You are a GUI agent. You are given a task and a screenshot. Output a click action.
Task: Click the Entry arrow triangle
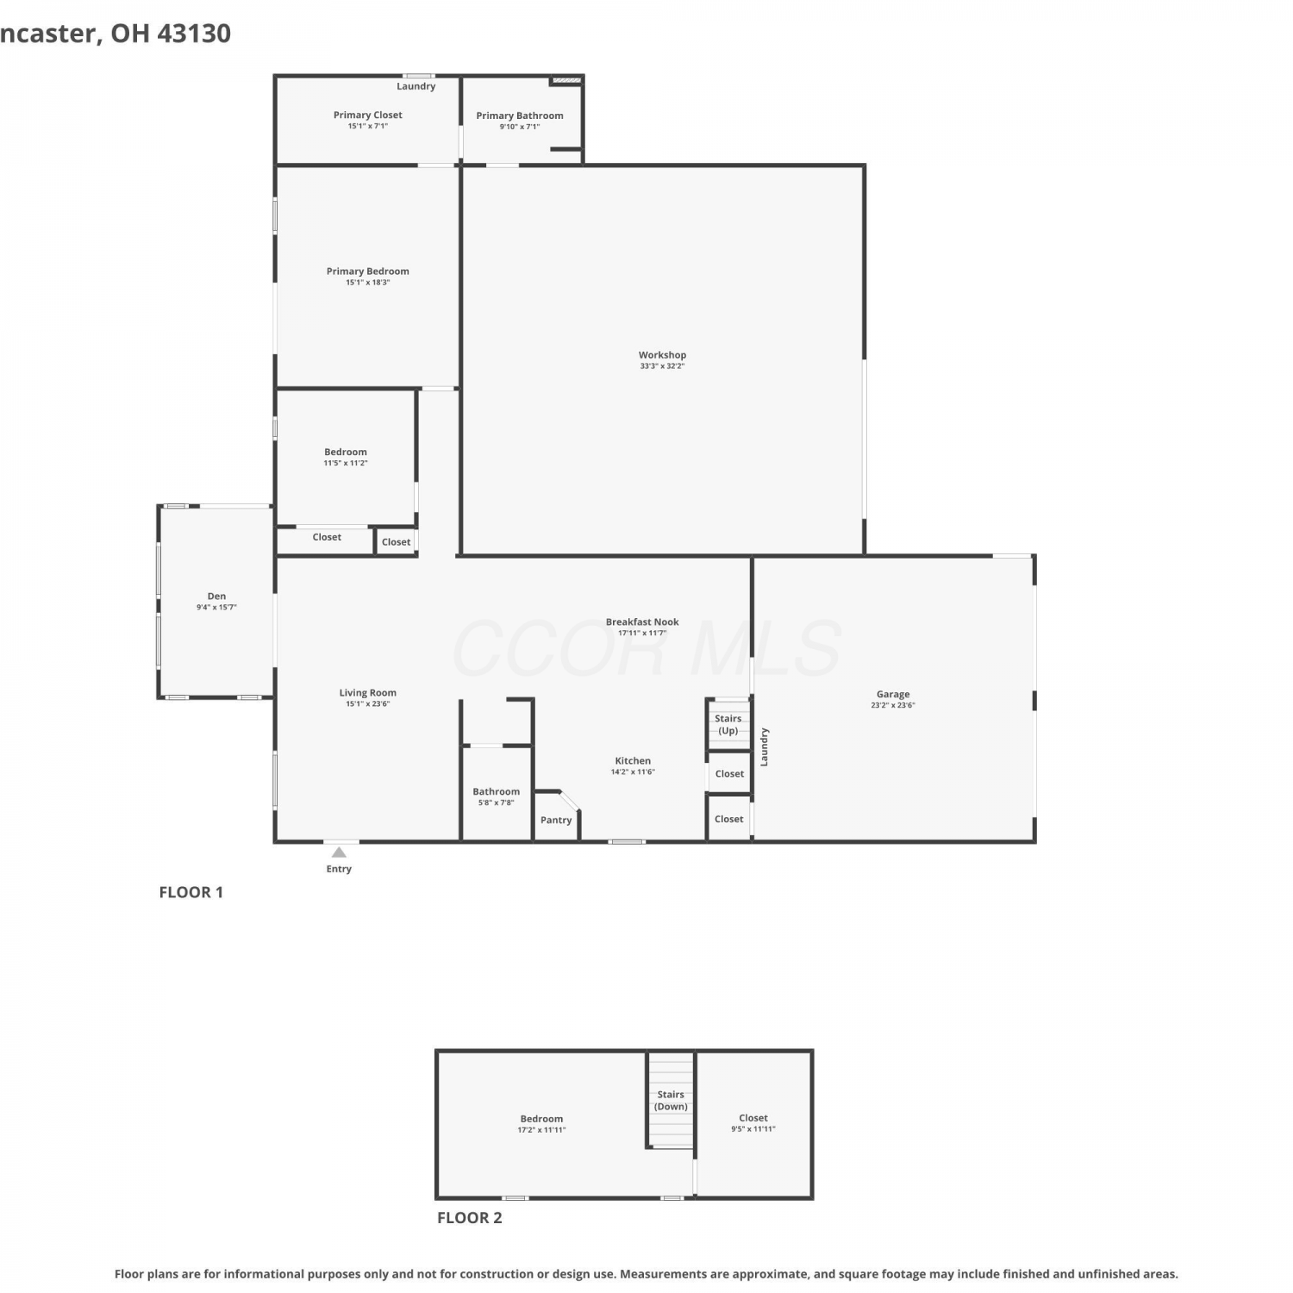[x=340, y=853]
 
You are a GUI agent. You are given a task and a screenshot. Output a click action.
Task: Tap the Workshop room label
[x=662, y=355]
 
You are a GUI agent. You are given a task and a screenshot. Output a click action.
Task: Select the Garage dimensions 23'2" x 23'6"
[x=893, y=705]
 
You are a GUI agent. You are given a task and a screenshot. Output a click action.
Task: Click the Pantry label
[x=556, y=820]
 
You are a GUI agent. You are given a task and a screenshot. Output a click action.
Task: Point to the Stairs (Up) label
[x=728, y=724]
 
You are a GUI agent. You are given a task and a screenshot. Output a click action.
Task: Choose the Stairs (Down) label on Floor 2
[x=671, y=1101]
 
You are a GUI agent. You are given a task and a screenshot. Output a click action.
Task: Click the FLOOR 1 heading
[x=191, y=892]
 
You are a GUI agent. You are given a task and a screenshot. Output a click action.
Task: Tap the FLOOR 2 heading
[x=470, y=1218]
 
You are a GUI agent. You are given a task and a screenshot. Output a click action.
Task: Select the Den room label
[x=216, y=596]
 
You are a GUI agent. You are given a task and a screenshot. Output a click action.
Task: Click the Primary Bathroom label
[x=520, y=116]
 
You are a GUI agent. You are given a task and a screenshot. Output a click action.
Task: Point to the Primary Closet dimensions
[x=368, y=126]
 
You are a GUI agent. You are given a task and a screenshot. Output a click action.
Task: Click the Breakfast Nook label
[x=642, y=622]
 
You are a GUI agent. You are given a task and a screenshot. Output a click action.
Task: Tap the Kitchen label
[x=633, y=760]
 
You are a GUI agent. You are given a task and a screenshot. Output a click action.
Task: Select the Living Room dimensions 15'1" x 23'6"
[x=368, y=703]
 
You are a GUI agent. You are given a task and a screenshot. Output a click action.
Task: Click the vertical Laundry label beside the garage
[x=764, y=746]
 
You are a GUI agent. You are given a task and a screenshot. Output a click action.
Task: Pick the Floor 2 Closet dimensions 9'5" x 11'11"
[x=753, y=1128]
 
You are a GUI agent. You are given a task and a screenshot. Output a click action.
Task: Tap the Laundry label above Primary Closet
[x=416, y=86]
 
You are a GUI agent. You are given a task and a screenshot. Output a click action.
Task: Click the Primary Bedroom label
[x=368, y=271]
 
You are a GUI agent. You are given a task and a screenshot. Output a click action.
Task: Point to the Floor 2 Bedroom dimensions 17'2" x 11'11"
[x=541, y=1129]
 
